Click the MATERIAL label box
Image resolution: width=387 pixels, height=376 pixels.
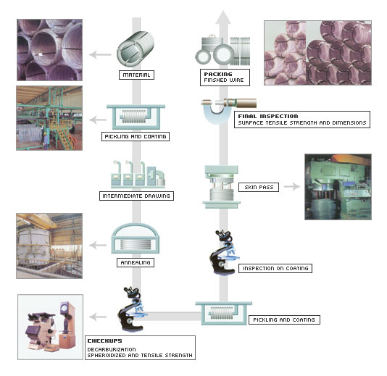136,75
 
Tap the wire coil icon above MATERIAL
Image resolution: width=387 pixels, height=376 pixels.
136,49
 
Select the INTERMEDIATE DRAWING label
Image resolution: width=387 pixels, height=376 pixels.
136,196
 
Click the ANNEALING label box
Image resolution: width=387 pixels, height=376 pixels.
136,262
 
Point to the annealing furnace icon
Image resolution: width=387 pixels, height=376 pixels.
135,238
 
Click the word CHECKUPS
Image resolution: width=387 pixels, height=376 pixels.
104,341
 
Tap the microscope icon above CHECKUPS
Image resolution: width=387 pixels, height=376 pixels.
132,309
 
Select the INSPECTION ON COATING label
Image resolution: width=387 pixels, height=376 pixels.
275,268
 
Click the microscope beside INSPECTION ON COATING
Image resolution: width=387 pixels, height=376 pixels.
224,252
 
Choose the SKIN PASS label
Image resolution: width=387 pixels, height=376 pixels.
259,187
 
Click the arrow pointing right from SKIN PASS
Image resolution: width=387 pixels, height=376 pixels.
292,186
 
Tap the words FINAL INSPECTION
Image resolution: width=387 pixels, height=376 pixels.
268,116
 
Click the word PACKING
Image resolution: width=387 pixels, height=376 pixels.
218,74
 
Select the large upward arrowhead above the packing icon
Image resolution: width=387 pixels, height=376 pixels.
223,17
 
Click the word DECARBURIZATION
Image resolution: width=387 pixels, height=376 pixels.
112,349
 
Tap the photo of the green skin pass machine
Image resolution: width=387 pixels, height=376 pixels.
338,187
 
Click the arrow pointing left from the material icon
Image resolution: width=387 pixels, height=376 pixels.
100,54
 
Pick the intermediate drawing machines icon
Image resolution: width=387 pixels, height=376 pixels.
138,174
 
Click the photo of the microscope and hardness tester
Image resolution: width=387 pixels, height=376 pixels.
50,327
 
